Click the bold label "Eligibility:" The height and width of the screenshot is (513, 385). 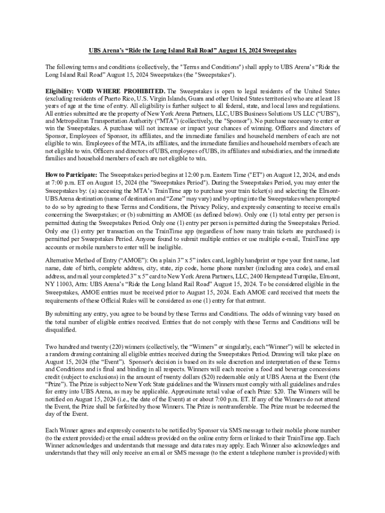click(x=59, y=91)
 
